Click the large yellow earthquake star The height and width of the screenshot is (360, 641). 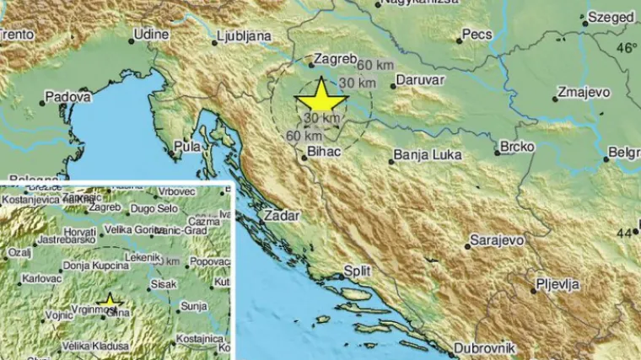click(321, 98)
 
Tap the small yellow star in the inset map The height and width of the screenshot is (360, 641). click(109, 301)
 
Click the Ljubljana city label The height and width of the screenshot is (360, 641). click(243, 36)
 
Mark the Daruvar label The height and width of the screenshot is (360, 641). click(423, 84)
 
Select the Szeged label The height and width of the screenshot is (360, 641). click(611, 17)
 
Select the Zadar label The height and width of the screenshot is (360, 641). click(282, 215)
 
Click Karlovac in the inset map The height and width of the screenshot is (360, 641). click(40, 277)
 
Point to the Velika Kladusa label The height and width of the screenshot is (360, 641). click(98, 346)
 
